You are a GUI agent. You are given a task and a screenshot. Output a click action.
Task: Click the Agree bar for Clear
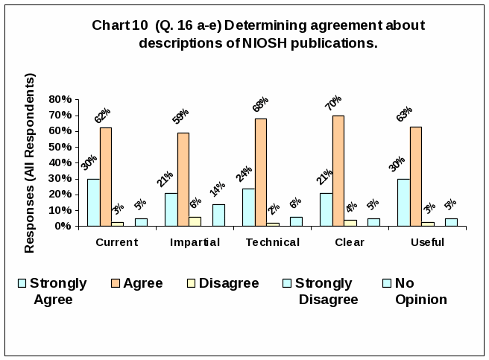pyautogui.click(x=338, y=171)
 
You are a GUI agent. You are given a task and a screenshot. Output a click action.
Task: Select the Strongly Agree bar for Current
pyautogui.click(x=93, y=202)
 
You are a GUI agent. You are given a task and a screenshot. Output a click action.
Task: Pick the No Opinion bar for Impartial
pyautogui.click(x=218, y=215)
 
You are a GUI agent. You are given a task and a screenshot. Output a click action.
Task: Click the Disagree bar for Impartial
pyautogui.click(x=195, y=221)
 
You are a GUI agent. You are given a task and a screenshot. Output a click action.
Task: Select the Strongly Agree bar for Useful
pyautogui.click(x=403, y=202)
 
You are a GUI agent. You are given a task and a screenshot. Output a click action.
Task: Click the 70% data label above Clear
pyautogui.click(x=332, y=104)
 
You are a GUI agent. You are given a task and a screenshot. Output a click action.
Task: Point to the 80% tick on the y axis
pyautogui.click(x=60, y=99)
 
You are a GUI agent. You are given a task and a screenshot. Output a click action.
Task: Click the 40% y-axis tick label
pyautogui.click(x=60, y=162)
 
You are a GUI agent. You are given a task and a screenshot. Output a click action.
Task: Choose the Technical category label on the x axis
pyautogui.click(x=272, y=242)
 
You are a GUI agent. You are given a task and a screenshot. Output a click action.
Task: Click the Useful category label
pyautogui.click(x=427, y=242)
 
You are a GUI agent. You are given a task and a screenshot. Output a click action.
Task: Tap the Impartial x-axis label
pyautogui.click(x=195, y=242)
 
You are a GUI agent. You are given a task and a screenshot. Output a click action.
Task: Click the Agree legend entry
pyautogui.click(x=142, y=283)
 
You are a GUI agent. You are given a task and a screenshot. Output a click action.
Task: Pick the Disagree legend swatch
pyautogui.click(x=192, y=283)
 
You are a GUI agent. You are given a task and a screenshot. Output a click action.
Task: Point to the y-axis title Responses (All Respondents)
pyautogui.click(x=30, y=162)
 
